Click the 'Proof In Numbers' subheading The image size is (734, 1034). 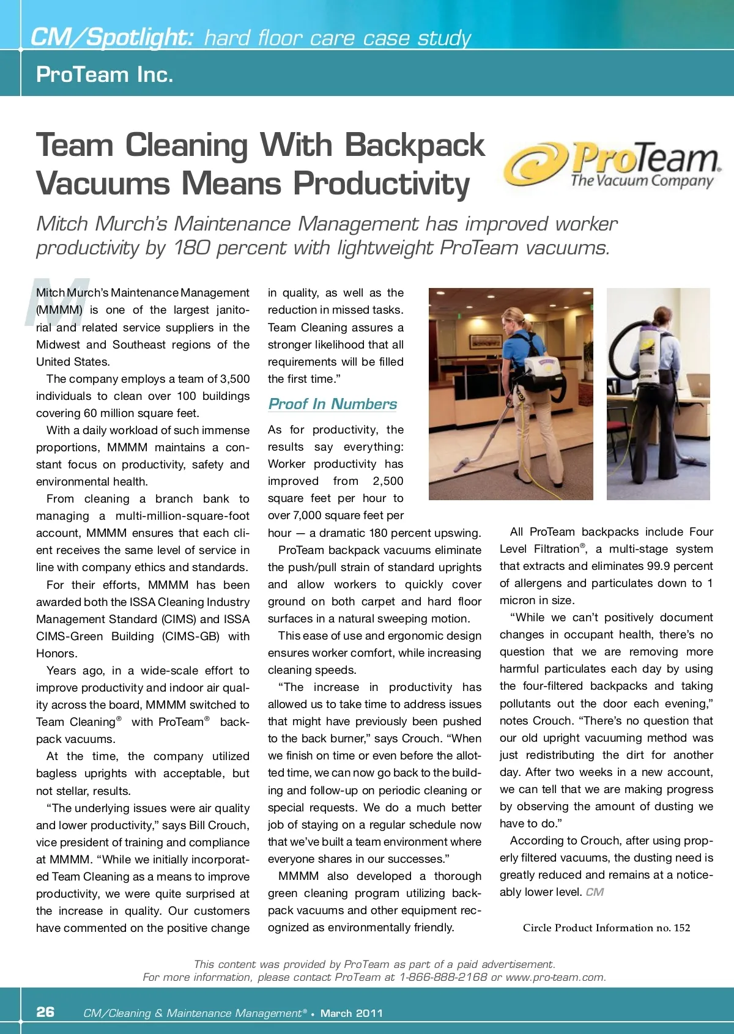tap(333, 404)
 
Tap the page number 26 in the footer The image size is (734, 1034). tap(45, 1012)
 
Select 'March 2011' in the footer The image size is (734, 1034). tap(352, 1013)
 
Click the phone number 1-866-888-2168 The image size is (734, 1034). tap(443, 977)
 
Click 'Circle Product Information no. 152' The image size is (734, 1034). tap(606, 928)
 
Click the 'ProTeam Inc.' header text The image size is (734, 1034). tap(105, 75)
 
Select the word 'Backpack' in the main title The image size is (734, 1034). tap(415, 146)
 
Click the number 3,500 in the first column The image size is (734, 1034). tap(235, 379)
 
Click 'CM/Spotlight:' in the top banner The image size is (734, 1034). tap(112, 38)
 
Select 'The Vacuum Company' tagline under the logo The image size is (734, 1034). tap(642, 180)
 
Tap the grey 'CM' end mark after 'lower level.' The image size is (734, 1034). tap(595, 892)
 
